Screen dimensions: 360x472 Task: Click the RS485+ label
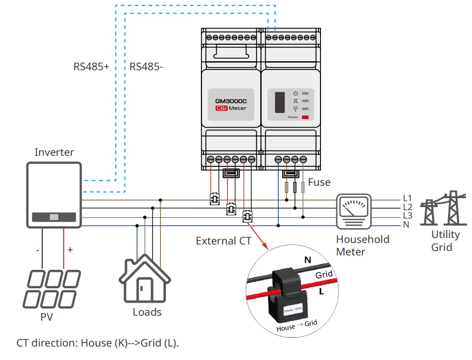[91, 66]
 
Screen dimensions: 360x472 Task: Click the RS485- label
[146, 66]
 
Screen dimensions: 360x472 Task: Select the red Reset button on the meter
[305, 118]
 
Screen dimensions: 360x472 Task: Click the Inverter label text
[54, 152]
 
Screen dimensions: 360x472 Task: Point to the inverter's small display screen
[54, 217]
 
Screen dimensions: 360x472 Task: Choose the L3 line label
[407, 216]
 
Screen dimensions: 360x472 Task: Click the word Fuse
[319, 182]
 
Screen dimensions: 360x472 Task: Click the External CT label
[223, 241]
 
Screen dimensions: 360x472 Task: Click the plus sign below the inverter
[70, 249]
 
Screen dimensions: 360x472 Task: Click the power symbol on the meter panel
[295, 93]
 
